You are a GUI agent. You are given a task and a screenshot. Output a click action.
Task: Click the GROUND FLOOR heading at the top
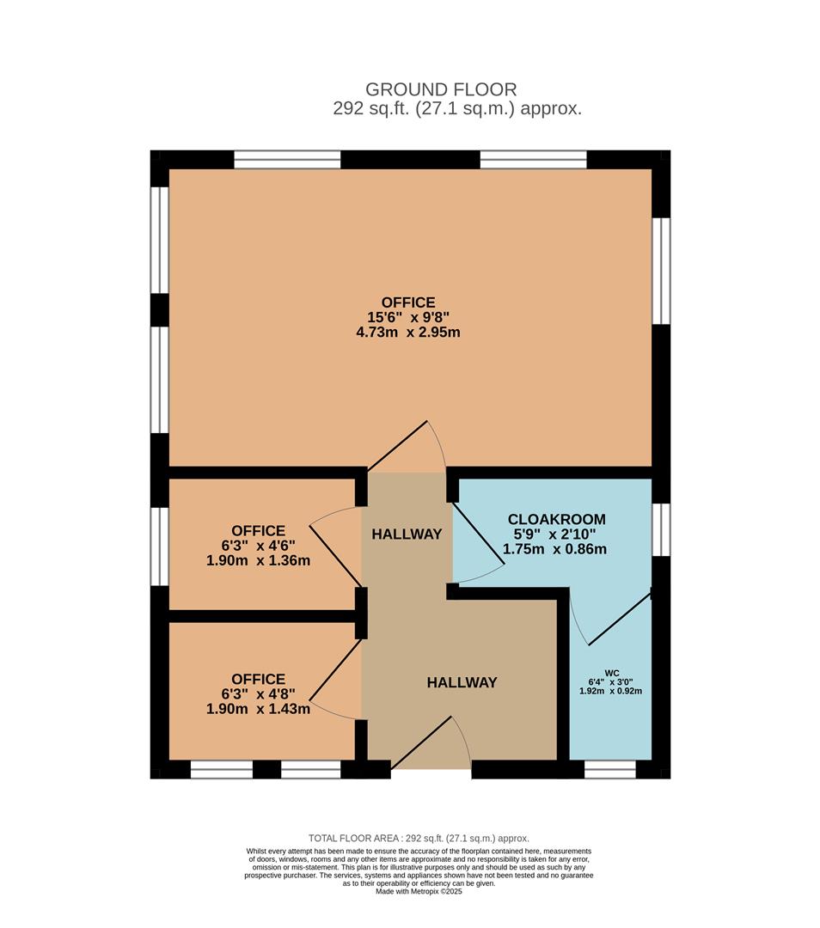click(441, 89)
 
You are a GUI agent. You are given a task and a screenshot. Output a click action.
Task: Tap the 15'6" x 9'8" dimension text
click(407, 317)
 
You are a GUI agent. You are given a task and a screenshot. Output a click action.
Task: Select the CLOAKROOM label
click(556, 519)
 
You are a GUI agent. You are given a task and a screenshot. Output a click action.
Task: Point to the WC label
click(611, 673)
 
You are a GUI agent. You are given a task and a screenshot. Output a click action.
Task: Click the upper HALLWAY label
click(407, 534)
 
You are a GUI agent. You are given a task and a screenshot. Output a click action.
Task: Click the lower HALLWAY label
click(462, 682)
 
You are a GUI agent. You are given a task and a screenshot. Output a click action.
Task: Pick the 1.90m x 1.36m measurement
click(258, 560)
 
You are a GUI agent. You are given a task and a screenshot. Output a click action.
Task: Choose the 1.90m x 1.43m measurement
click(258, 709)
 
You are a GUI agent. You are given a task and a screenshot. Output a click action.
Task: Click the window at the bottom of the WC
click(609, 769)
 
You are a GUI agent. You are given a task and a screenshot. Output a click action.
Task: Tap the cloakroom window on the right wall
click(660, 529)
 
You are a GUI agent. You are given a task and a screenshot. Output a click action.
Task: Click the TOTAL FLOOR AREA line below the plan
click(419, 838)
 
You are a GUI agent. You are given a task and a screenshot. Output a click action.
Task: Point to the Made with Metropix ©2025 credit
click(419, 891)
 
